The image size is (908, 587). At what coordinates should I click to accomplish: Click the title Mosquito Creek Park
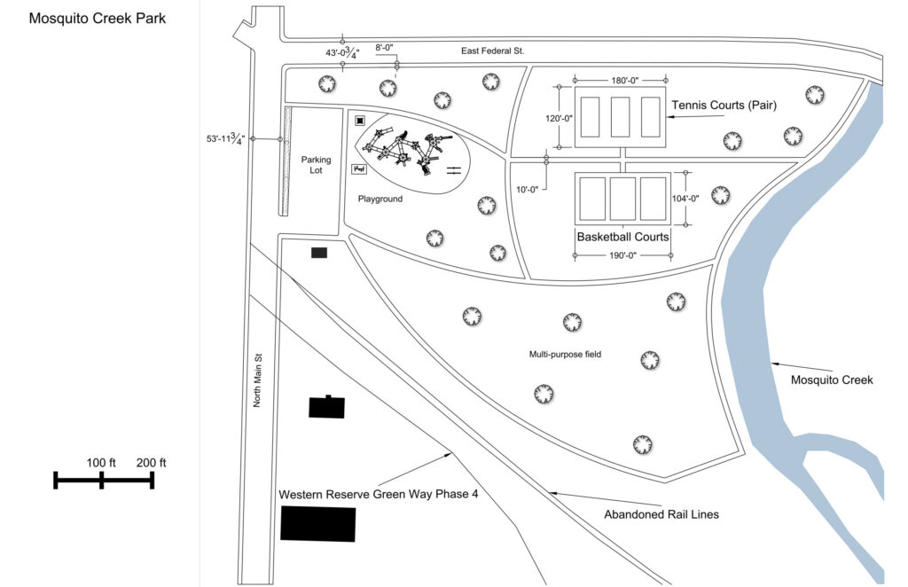coord(97,18)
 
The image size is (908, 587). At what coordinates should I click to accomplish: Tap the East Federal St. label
coord(493,51)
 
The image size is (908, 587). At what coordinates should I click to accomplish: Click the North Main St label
coord(259,380)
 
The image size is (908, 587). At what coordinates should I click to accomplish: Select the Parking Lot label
coord(316,165)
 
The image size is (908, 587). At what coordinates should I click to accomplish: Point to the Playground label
coord(380,200)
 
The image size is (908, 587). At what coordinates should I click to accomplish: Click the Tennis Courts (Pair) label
coord(724,106)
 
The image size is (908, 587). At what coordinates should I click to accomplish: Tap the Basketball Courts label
coord(622,238)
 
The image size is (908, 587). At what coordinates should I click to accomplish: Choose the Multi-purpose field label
coord(565,355)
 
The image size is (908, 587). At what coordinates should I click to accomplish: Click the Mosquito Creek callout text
coord(832,380)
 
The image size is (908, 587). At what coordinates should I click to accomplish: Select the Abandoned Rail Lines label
coord(661,514)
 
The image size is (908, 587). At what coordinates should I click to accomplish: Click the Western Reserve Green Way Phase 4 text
coord(379,494)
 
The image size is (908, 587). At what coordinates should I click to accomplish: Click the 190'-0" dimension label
coord(622,255)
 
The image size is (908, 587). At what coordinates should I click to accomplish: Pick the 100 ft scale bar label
coord(101,463)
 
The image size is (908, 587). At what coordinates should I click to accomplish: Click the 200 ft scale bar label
coord(152,463)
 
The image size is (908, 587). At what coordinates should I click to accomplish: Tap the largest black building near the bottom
coord(318,523)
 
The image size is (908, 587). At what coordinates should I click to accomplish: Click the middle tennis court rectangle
coord(621,115)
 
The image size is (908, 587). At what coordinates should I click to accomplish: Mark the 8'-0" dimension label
coord(385,48)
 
